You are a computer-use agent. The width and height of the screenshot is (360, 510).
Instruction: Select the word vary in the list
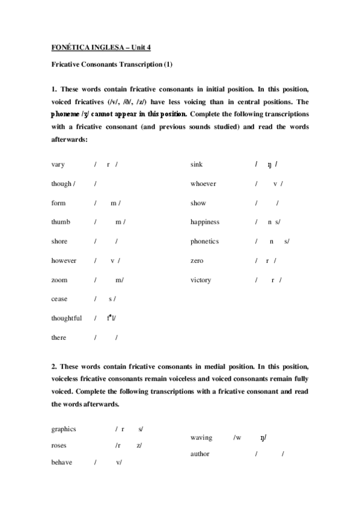(x=58, y=164)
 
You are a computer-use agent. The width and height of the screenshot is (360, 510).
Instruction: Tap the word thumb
(x=61, y=222)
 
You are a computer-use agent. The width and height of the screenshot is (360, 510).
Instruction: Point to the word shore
(x=59, y=241)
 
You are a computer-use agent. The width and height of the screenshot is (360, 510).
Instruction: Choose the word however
(x=64, y=260)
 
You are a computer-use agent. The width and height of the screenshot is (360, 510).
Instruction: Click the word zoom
(x=59, y=280)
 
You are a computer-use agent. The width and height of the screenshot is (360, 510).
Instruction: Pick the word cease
(x=59, y=299)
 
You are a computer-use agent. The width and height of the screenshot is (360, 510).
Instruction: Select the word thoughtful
(x=66, y=318)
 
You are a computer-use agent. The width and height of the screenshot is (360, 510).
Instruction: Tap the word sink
(x=197, y=164)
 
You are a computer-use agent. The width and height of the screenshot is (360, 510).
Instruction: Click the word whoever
(x=203, y=183)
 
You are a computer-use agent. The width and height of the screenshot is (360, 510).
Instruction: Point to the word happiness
(x=205, y=222)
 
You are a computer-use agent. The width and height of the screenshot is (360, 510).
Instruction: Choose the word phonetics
(x=204, y=241)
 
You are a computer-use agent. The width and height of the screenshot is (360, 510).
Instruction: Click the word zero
(x=197, y=260)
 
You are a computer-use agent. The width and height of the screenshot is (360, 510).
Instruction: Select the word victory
(x=201, y=280)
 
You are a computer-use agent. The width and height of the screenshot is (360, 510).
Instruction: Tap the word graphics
(x=64, y=429)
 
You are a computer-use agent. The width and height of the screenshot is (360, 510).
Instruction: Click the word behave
(x=62, y=462)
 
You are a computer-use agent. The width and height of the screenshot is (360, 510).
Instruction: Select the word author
(x=200, y=454)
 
